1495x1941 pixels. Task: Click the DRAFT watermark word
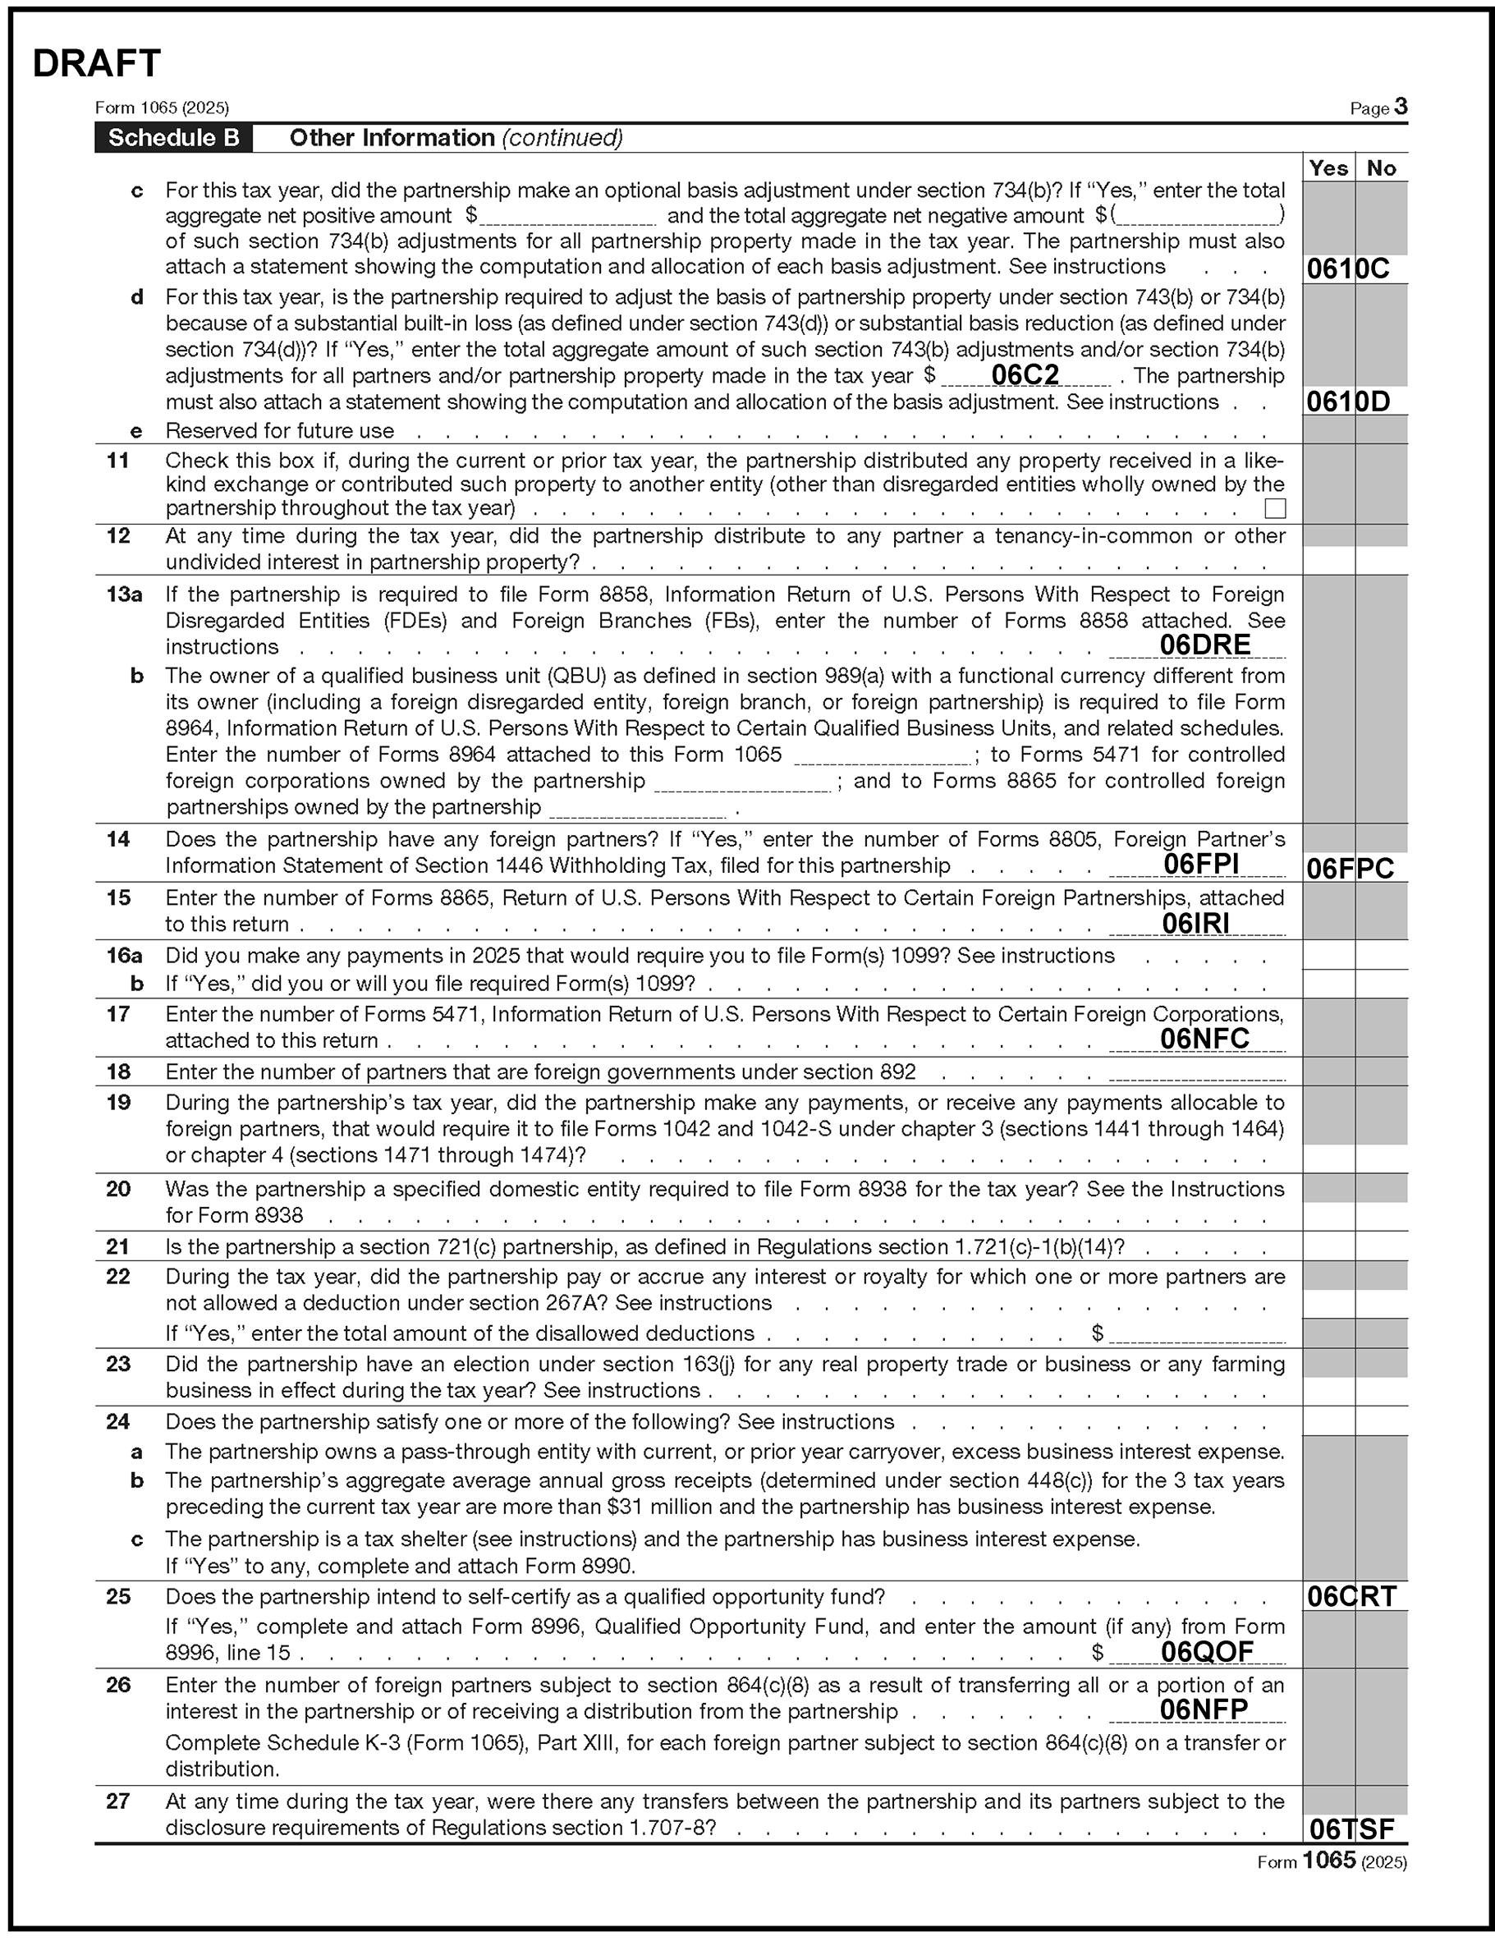pyautogui.click(x=96, y=64)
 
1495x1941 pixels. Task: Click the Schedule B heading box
pyautogui.click(x=173, y=138)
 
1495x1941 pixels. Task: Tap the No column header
pyautogui.click(x=1381, y=168)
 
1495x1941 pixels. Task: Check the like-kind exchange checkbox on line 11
pyautogui.click(x=1276, y=508)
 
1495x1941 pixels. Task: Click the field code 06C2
pyautogui.click(x=1025, y=375)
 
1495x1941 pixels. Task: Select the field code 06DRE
pyautogui.click(x=1204, y=645)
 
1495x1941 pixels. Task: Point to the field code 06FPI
pyautogui.click(x=1201, y=863)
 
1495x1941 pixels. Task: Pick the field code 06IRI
pyautogui.click(x=1195, y=924)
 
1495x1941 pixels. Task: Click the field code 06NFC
pyautogui.click(x=1204, y=1038)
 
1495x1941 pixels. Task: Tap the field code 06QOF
pyautogui.click(x=1207, y=1651)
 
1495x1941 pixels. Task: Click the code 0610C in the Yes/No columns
pyautogui.click(x=1347, y=268)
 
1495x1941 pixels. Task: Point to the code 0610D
pyautogui.click(x=1347, y=402)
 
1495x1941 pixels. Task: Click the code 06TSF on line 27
pyautogui.click(x=1352, y=1829)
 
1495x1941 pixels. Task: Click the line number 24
pyautogui.click(x=118, y=1421)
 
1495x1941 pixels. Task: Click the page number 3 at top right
pyautogui.click(x=1401, y=107)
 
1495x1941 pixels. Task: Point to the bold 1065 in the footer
pyautogui.click(x=1329, y=1859)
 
